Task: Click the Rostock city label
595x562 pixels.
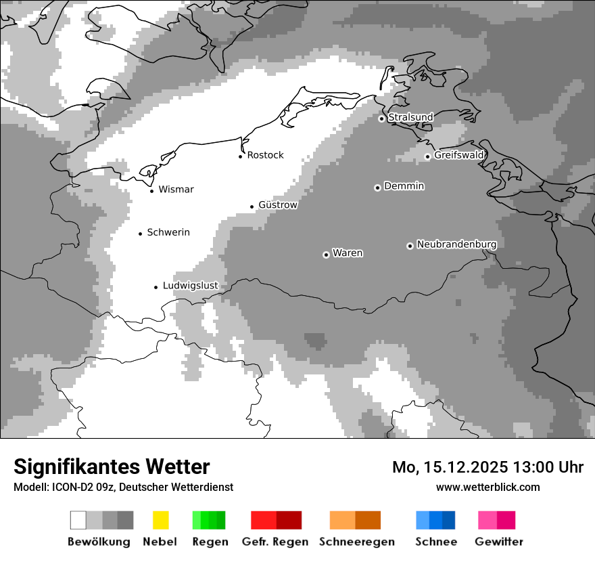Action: [265, 155]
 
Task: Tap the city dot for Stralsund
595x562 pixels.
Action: [381, 118]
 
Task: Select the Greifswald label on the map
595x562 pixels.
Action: [459, 155]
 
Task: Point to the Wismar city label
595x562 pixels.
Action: [176, 190]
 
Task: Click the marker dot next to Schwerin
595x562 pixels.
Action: [141, 234]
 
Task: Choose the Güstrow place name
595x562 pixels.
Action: [278, 204]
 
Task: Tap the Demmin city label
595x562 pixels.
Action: [404, 186]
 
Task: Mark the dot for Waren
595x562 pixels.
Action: [326, 255]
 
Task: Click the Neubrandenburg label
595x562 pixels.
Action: [456, 244]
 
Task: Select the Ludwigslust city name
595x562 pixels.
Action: [190, 286]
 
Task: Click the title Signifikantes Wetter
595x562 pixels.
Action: [112, 467]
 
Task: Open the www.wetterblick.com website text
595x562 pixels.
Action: [487, 487]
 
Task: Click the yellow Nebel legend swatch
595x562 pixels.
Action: [160, 520]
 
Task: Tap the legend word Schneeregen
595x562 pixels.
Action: [356, 542]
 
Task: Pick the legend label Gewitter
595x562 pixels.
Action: [498, 542]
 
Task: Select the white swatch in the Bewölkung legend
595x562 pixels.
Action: [78, 520]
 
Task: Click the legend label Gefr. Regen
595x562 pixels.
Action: [275, 542]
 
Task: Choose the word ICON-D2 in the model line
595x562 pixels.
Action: [69, 487]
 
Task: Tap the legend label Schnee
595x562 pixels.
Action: [436, 542]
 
